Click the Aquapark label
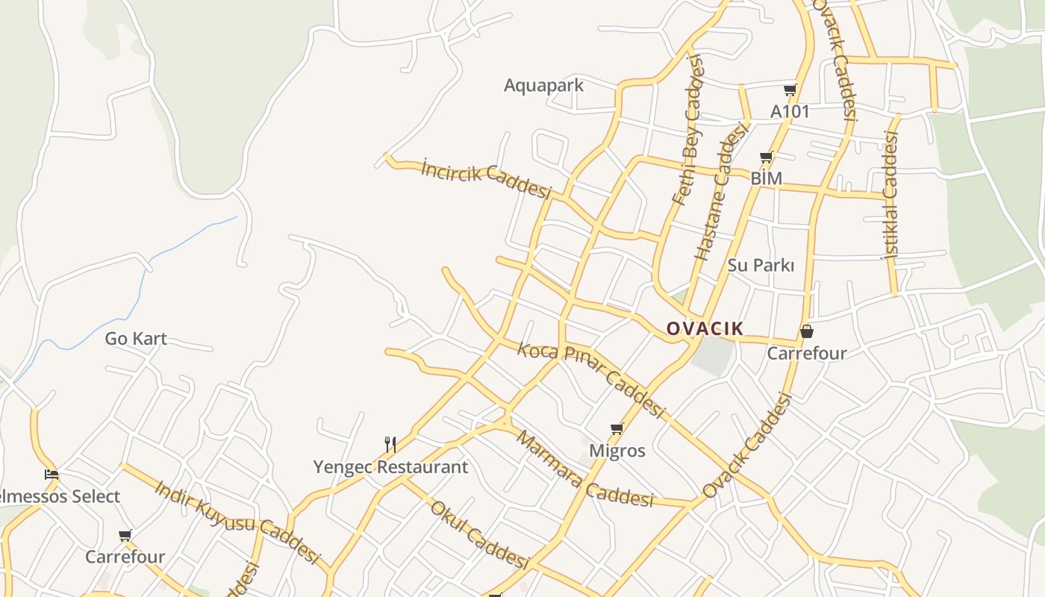point(543,85)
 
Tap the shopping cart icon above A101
point(790,90)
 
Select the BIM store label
point(766,178)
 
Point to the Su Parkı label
point(761,265)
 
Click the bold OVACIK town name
point(705,328)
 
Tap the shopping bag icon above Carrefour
point(806,331)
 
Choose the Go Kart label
point(136,338)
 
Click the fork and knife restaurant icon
point(390,445)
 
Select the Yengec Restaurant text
point(390,467)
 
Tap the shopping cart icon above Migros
point(617,429)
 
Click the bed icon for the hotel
point(51,474)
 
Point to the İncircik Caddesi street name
point(486,178)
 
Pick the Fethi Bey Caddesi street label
point(687,130)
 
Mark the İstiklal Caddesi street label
point(890,195)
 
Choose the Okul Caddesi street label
point(480,535)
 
